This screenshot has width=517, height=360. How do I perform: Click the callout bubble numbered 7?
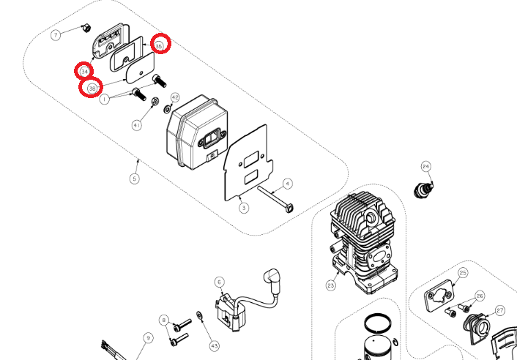coord(56,34)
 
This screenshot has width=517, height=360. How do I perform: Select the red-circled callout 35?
coord(160,44)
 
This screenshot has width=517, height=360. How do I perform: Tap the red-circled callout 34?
coord(83,71)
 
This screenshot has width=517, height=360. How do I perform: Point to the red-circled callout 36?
coord(91,88)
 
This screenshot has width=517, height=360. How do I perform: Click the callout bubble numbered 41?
coord(136,126)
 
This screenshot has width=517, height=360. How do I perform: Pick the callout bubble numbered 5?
coord(134,178)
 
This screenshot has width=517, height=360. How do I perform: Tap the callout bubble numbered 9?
coord(148,337)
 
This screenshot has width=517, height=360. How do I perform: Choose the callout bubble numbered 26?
coord(480,296)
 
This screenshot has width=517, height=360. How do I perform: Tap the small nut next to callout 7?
coord(85,29)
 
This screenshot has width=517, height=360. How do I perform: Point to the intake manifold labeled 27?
coord(480,326)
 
